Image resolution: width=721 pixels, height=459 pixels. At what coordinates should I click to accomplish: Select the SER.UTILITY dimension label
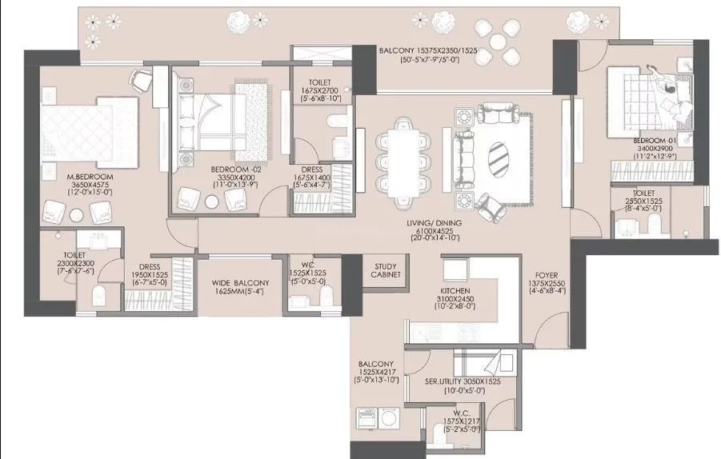[463, 382]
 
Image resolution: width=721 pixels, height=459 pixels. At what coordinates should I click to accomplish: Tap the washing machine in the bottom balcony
[367, 419]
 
